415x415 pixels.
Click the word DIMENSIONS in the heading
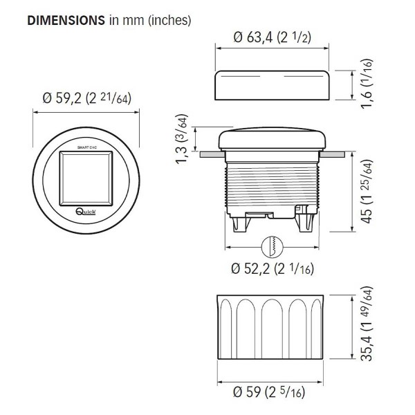click(x=66, y=20)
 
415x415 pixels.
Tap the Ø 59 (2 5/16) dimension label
click(x=272, y=394)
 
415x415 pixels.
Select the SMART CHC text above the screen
click(x=87, y=149)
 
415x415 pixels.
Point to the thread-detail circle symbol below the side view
click(x=272, y=246)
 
